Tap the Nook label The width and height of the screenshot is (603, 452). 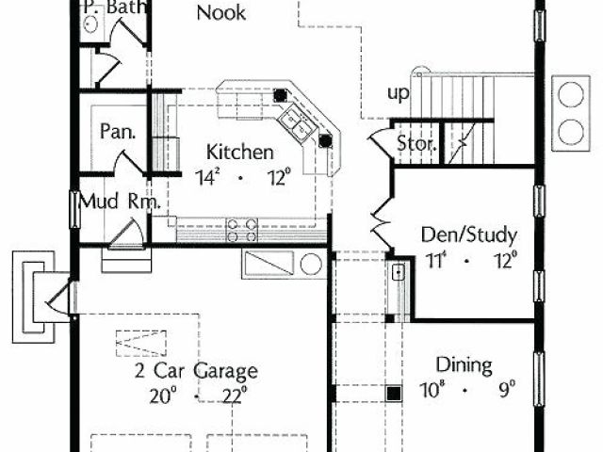(220, 13)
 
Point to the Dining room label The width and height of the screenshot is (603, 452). (464, 365)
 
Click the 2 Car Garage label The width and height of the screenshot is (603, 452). (196, 371)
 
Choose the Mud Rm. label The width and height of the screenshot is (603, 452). (119, 202)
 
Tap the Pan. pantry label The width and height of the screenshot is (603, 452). (119, 131)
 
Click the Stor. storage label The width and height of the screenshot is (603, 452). (415, 144)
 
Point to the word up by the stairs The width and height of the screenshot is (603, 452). (398, 93)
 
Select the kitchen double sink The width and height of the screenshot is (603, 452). (295, 121)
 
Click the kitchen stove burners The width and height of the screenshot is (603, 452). (242, 225)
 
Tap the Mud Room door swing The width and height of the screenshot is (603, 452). (127, 233)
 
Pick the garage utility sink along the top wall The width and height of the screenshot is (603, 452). (283, 264)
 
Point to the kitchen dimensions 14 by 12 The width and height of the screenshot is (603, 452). (242, 176)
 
